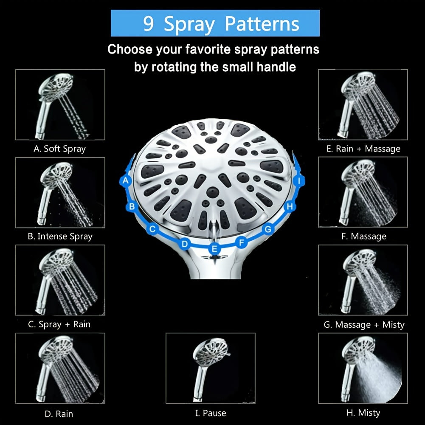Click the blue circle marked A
(126, 180)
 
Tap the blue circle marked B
(132, 206)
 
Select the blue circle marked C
(152, 229)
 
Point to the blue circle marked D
(185, 244)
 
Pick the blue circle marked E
(214, 248)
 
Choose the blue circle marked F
(242, 242)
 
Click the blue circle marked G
(268, 229)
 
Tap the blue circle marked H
(290, 206)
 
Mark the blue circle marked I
(299, 181)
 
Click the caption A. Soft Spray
(59, 149)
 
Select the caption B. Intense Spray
(60, 236)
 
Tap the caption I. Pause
(211, 413)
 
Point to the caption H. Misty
(363, 413)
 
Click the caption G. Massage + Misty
(364, 324)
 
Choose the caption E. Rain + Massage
(363, 149)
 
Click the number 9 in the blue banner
(149, 24)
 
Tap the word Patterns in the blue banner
(262, 24)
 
